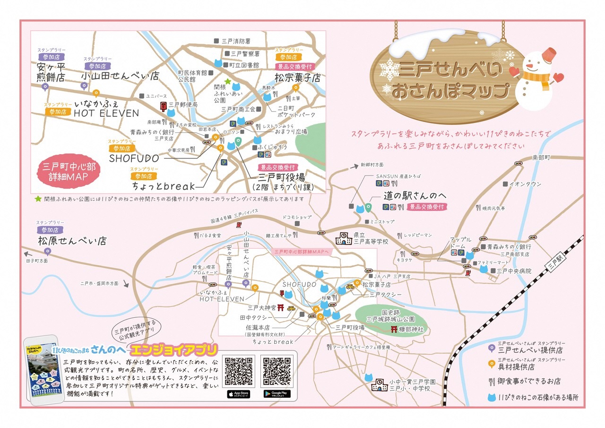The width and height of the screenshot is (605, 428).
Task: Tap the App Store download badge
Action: coord(238,393)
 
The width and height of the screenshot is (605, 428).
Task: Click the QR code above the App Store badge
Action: coord(238,371)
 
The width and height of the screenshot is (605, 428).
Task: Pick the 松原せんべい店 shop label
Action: coord(72,241)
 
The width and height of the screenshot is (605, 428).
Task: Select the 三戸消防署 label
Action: coord(239,41)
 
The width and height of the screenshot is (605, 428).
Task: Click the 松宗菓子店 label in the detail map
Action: coord(297,78)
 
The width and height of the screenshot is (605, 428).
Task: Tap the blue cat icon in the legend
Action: coord(492,397)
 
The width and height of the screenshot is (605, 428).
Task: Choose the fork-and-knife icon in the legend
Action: coord(492,381)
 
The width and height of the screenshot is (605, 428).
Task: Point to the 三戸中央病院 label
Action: coord(513,271)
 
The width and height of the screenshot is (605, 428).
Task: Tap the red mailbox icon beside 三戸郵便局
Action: coord(163,105)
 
